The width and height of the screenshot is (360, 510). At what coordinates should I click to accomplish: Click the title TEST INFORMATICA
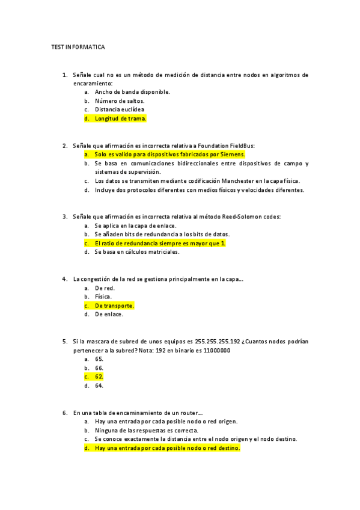(x=78, y=46)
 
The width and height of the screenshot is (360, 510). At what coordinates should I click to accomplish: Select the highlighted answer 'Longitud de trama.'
(x=120, y=118)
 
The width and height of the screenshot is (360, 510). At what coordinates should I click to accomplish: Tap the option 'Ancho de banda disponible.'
(x=132, y=92)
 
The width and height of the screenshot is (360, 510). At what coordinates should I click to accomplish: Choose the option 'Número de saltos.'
(x=120, y=101)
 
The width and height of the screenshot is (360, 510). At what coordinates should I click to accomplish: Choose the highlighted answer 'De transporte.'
(x=114, y=306)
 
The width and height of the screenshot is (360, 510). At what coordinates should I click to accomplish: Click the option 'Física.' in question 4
(x=103, y=296)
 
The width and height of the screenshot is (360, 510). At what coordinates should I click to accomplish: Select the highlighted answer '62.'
(x=99, y=376)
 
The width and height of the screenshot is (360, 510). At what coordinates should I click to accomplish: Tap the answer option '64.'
(x=99, y=386)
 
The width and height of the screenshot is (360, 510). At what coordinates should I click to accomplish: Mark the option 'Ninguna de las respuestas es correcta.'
(x=147, y=430)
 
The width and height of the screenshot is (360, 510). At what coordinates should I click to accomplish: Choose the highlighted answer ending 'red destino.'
(x=167, y=448)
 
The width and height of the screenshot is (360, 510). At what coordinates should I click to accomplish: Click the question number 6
(x=64, y=413)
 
